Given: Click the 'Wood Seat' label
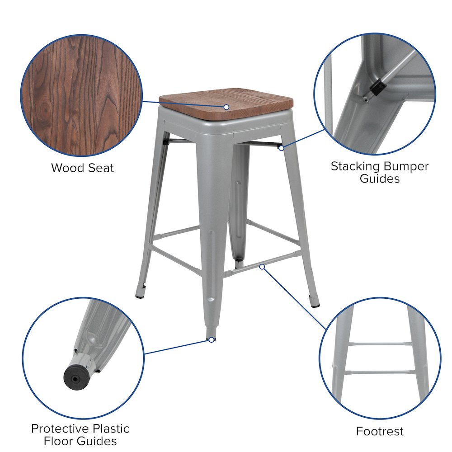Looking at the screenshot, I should pyautogui.click(x=82, y=168).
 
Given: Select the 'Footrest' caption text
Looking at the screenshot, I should pyautogui.click(x=380, y=431).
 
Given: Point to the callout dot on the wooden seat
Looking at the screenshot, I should pyautogui.click(x=226, y=107).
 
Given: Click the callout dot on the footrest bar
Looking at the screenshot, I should pyautogui.click(x=262, y=267).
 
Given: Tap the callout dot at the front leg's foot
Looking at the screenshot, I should pyautogui.click(x=211, y=339).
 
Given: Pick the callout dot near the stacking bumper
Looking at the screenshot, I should pyautogui.click(x=281, y=147).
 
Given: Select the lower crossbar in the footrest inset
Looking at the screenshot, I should pyautogui.click(x=380, y=373).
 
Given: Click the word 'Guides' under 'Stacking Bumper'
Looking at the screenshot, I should pyautogui.click(x=380, y=179).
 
